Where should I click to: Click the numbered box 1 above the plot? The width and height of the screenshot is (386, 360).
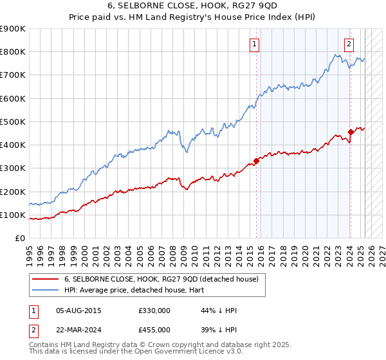click(255, 44)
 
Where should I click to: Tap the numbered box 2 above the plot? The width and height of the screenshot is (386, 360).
click(348, 44)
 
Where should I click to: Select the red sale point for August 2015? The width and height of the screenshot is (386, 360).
click(256, 161)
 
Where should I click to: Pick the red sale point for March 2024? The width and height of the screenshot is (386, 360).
click(351, 132)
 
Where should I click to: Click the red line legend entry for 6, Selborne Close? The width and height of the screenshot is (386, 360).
click(161, 280)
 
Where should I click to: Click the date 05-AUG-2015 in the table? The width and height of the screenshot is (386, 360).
click(78, 310)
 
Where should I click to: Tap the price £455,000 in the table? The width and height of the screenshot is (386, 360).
click(154, 330)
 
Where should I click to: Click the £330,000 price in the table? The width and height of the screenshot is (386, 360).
click(154, 310)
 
